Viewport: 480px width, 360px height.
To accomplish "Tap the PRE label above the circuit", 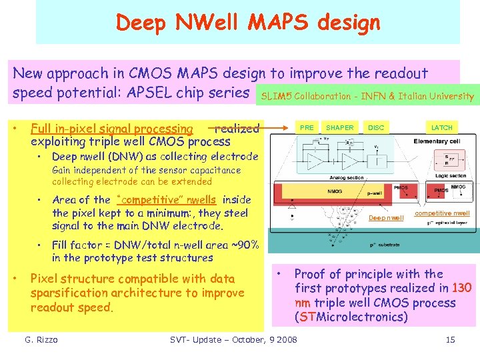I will point(307,127).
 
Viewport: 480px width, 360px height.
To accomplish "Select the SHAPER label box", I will point(340,127).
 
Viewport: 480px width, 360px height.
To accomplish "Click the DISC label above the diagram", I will point(376,127).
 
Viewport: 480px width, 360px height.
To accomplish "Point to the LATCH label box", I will point(441,127).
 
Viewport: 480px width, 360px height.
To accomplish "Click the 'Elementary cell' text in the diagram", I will point(437,141).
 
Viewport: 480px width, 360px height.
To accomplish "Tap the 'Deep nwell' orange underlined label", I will point(386,218).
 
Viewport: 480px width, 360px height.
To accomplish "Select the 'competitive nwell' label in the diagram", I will point(442,213).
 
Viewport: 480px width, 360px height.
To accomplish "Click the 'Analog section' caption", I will point(346,177).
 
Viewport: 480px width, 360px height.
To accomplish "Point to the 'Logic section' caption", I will point(451,175).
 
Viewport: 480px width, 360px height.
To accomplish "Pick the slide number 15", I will point(450,340).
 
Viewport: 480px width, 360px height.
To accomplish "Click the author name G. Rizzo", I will point(41,340).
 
